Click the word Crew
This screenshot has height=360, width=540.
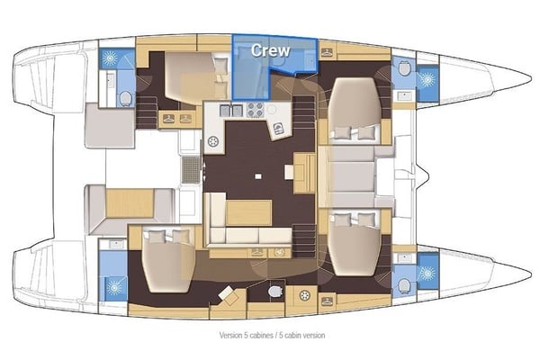(269, 50)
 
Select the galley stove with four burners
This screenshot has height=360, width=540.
(255, 111)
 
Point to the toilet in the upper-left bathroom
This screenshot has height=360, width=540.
(126, 97)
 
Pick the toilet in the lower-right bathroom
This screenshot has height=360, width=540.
(403, 284)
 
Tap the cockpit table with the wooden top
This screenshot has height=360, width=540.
(129, 202)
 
